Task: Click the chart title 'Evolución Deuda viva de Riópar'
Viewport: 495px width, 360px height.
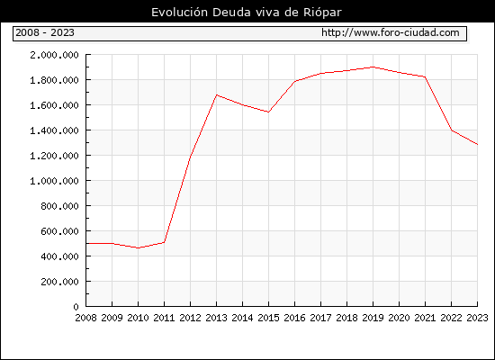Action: point(247,13)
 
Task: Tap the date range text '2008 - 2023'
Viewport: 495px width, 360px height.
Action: point(45,32)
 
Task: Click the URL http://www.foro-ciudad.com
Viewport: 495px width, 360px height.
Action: point(391,32)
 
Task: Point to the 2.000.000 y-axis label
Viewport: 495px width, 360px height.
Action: point(54,55)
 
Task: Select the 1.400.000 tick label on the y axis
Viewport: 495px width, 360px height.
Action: point(54,130)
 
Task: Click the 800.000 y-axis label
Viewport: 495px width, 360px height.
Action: point(59,206)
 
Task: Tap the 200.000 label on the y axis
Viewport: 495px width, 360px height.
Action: point(59,282)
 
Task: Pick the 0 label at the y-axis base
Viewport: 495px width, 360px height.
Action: point(76,307)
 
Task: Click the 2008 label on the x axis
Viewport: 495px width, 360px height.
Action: point(85,318)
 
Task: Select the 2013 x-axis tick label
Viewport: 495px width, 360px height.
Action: point(216,318)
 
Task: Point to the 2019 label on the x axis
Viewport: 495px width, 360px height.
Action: point(373,318)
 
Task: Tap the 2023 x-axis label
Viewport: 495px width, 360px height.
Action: point(477,318)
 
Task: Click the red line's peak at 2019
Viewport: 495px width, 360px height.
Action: point(373,67)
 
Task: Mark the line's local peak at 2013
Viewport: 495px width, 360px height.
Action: point(217,94)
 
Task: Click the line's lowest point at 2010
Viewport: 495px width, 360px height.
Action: point(138,247)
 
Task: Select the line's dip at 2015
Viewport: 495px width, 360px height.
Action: point(268,112)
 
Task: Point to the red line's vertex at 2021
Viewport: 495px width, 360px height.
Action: point(425,76)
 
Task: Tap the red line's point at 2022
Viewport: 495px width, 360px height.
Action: point(452,130)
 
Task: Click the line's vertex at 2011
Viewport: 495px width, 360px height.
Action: point(164,242)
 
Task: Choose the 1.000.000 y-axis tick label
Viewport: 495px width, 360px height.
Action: point(54,181)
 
